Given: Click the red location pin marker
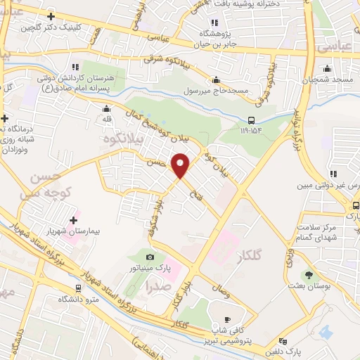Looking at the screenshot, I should [181, 165].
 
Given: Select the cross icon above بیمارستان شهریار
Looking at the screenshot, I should [74, 220].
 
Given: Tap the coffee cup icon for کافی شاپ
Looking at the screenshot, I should [227, 316].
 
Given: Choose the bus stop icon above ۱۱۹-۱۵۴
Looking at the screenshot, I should [251, 120].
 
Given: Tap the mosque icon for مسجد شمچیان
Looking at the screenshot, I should [326, 69].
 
